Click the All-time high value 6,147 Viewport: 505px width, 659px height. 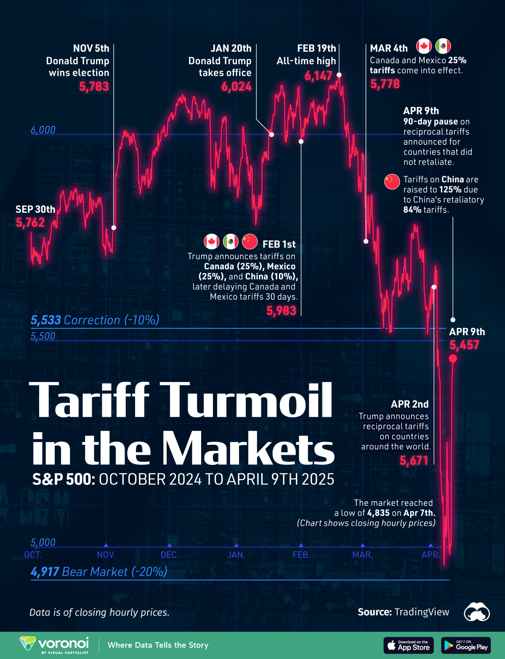tap(318, 76)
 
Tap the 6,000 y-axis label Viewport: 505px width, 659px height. tap(43, 130)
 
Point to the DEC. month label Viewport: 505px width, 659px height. tap(170, 555)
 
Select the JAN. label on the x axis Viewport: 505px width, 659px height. tap(236, 555)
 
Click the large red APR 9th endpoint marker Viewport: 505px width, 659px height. tap(453, 358)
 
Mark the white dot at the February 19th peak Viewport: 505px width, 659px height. tap(339, 75)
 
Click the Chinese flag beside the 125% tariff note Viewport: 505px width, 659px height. tap(392, 181)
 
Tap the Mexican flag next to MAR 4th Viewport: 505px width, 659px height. tap(443, 46)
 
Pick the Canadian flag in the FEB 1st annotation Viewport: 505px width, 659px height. tap(211, 242)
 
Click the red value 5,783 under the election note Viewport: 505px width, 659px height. tap(94, 87)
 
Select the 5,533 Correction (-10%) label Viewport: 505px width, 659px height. tap(95, 320)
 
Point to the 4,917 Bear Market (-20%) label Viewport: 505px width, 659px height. tap(99, 571)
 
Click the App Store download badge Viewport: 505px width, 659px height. tap(408, 645)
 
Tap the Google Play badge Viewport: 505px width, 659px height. tap(466, 645)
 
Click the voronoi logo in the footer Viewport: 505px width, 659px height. tap(55, 645)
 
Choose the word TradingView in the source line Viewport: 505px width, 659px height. tap(422, 612)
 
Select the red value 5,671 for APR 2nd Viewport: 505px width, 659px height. tap(414, 461)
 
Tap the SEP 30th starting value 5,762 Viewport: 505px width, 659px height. tap(30, 223)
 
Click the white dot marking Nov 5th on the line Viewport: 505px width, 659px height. tap(114, 227)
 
